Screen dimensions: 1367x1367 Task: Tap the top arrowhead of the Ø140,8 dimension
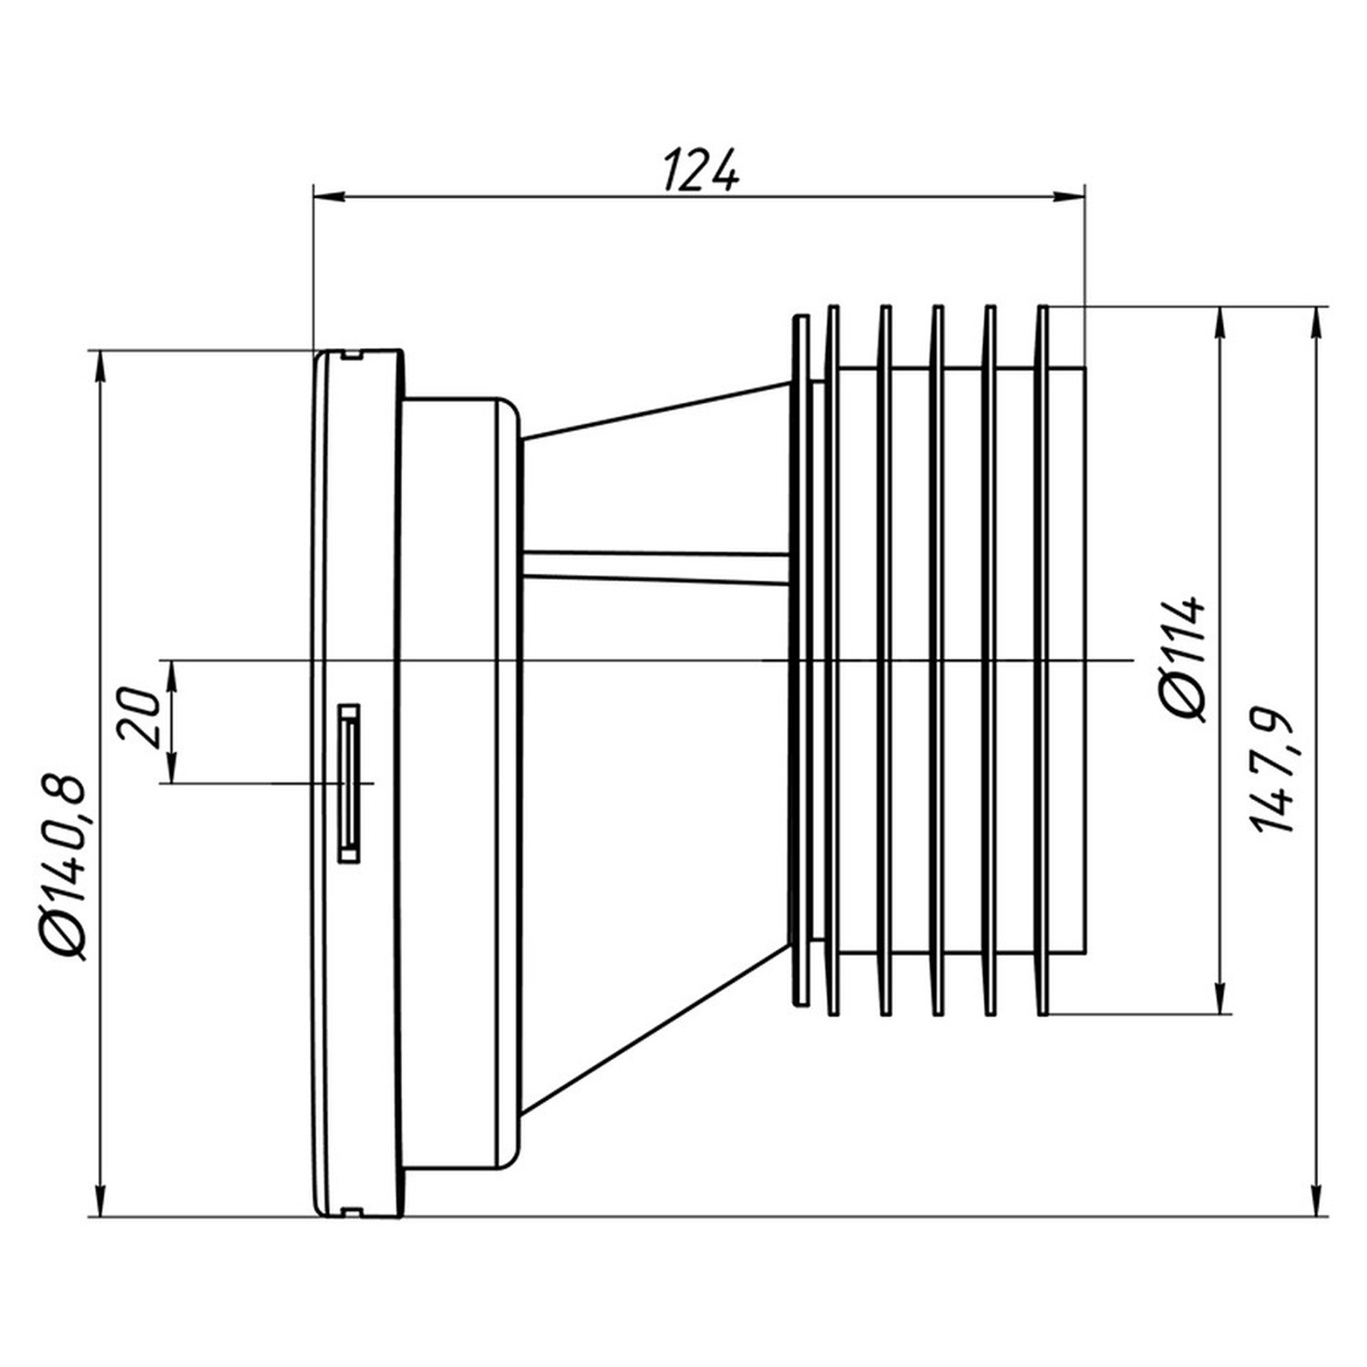coord(100,366)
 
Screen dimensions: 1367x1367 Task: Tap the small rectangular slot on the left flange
coord(348,783)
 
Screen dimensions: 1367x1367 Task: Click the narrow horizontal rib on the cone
coord(656,566)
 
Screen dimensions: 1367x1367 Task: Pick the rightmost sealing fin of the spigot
coord(1043,659)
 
